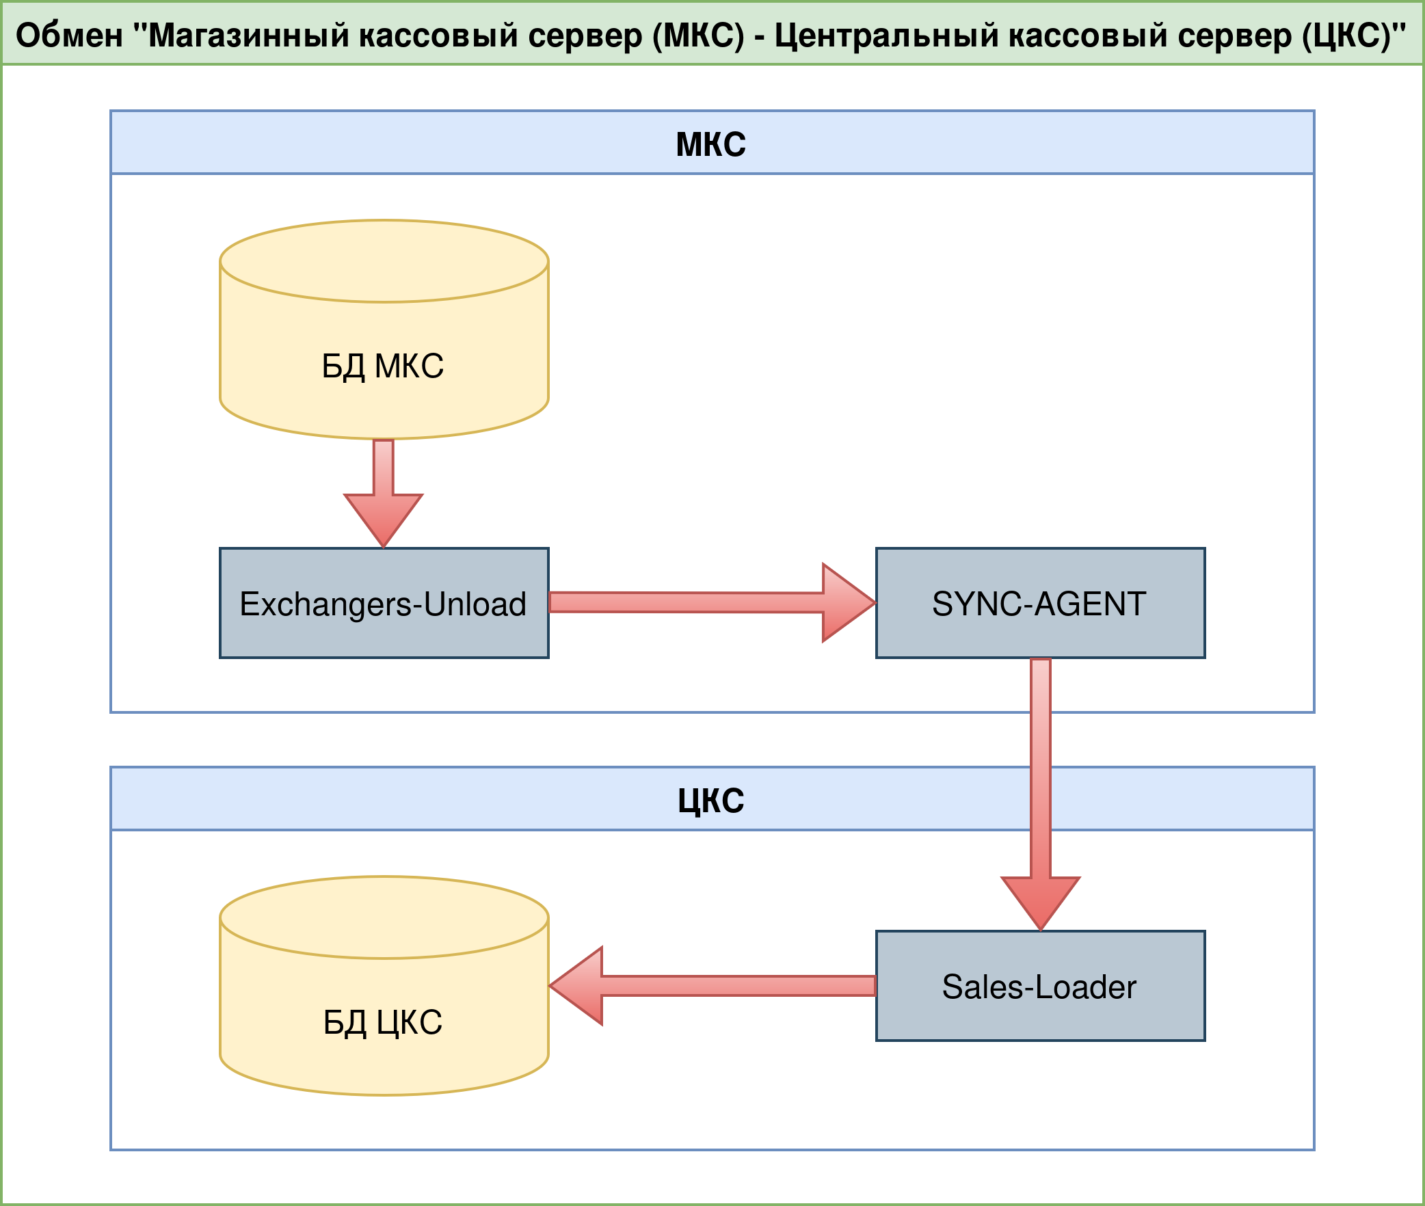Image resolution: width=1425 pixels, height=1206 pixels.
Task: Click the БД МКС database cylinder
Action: tap(384, 328)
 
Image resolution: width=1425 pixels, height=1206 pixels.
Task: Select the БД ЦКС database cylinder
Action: tap(384, 984)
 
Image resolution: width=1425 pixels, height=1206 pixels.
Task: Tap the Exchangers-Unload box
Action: tap(384, 603)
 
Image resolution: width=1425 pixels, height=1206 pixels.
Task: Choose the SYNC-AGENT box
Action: tap(1040, 603)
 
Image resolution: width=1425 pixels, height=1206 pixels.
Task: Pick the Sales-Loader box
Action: tap(1040, 986)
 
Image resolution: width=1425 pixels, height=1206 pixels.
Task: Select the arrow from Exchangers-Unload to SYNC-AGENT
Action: tap(684, 602)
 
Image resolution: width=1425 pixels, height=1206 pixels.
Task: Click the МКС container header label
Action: tap(711, 144)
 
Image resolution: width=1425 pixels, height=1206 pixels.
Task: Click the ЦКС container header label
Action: tap(711, 801)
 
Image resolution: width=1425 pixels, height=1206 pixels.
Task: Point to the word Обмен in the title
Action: tap(69, 35)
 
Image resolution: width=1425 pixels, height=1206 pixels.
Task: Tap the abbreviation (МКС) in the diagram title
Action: tap(698, 35)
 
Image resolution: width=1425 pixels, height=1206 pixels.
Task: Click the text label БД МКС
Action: tap(383, 366)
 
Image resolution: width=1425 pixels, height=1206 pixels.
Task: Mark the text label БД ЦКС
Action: tap(383, 1023)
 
